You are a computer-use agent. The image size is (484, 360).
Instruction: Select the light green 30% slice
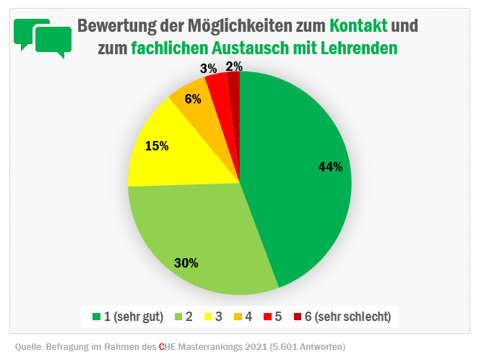[195, 239]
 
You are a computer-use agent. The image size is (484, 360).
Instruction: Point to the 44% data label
[330, 167]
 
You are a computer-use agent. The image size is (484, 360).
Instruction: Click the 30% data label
[186, 263]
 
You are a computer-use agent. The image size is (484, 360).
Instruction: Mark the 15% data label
[157, 146]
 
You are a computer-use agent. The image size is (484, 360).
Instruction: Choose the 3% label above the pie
[209, 69]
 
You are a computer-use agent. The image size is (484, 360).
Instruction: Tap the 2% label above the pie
[234, 67]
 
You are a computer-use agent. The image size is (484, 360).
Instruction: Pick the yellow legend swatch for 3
[209, 317]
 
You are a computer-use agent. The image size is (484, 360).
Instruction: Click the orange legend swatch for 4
[239, 317]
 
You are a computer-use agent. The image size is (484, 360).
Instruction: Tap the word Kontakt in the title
[358, 26]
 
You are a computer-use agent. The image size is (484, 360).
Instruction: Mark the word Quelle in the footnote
[30, 346]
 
